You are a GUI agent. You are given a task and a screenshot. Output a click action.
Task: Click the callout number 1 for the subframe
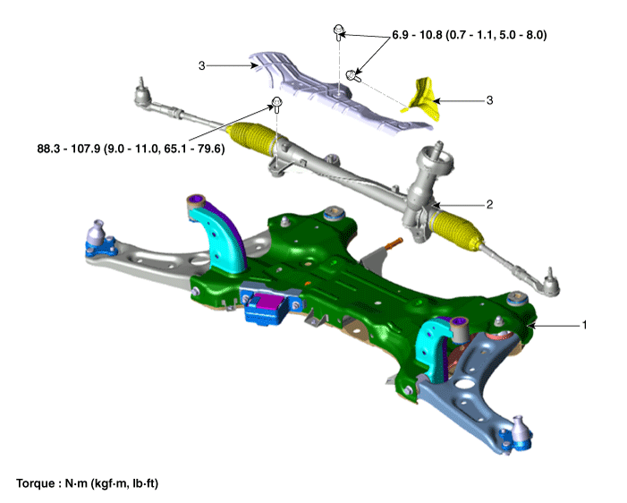(584, 325)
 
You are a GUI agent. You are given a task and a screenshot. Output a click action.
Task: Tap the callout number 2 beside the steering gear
(489, 204)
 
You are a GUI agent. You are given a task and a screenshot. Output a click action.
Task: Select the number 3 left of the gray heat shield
(201, 65)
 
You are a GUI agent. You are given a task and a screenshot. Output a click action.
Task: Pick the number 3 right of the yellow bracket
(489, 100)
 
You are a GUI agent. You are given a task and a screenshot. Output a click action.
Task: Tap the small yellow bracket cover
(422, 100)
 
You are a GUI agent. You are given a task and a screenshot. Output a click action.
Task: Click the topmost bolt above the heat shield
(339, 31)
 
